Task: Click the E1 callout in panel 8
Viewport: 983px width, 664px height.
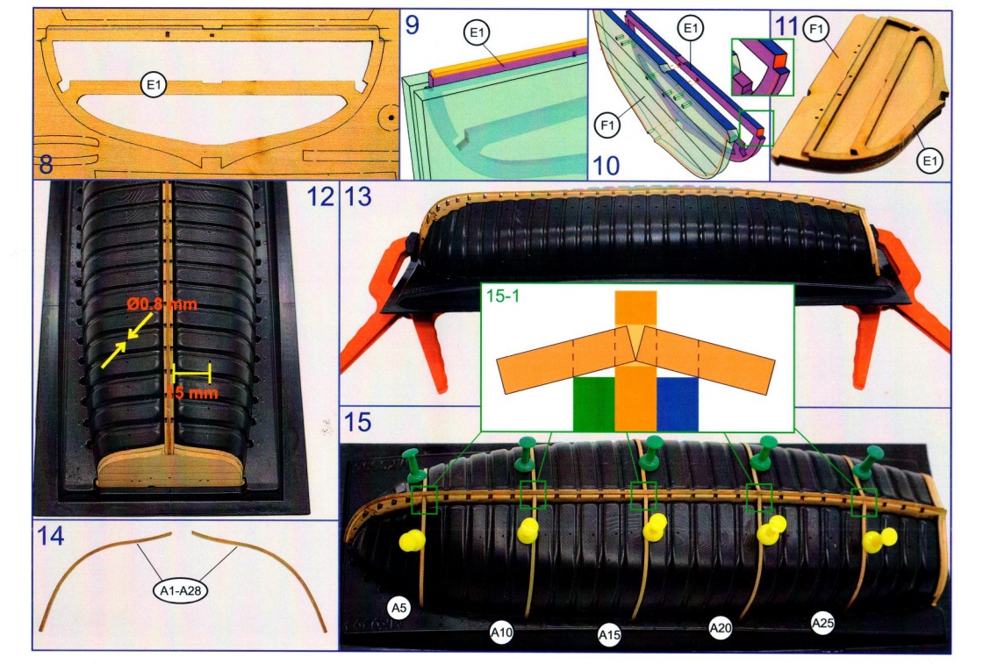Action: click(154, 85)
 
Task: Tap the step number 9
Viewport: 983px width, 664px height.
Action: click(412, 25)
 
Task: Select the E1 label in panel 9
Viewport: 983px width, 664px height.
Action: click(478, 33)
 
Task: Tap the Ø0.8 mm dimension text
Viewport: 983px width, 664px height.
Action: click(161, 304)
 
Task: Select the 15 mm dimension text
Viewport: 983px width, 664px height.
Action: click(191, 393)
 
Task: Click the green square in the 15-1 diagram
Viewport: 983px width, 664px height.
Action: click(593, 404)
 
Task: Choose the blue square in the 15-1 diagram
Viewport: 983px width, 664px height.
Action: click(677, 404)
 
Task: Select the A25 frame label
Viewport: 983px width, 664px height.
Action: click(822, 624)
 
